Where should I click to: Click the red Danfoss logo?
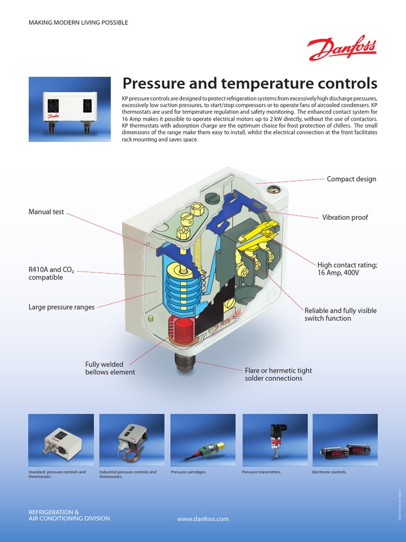tap(342, 49)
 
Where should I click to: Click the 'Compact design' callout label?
tap(351, 179)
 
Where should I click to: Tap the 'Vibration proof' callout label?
tap(345, 218)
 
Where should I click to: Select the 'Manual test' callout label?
tap(46, 212)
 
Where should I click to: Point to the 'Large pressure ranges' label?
tap(61, 307)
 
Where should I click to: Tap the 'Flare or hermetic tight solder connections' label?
tap(273, 374)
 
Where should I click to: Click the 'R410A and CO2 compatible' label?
tap(51, 274)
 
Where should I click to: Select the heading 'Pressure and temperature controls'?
tap(250, 84)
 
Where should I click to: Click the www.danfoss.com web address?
tap(203, 519)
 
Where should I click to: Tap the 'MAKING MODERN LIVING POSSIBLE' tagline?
tap(78, 23)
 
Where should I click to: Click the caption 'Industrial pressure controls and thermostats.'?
tap(128, 474)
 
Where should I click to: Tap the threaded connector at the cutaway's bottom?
tap(185, 362)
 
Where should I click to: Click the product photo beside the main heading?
tap(70, 109)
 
